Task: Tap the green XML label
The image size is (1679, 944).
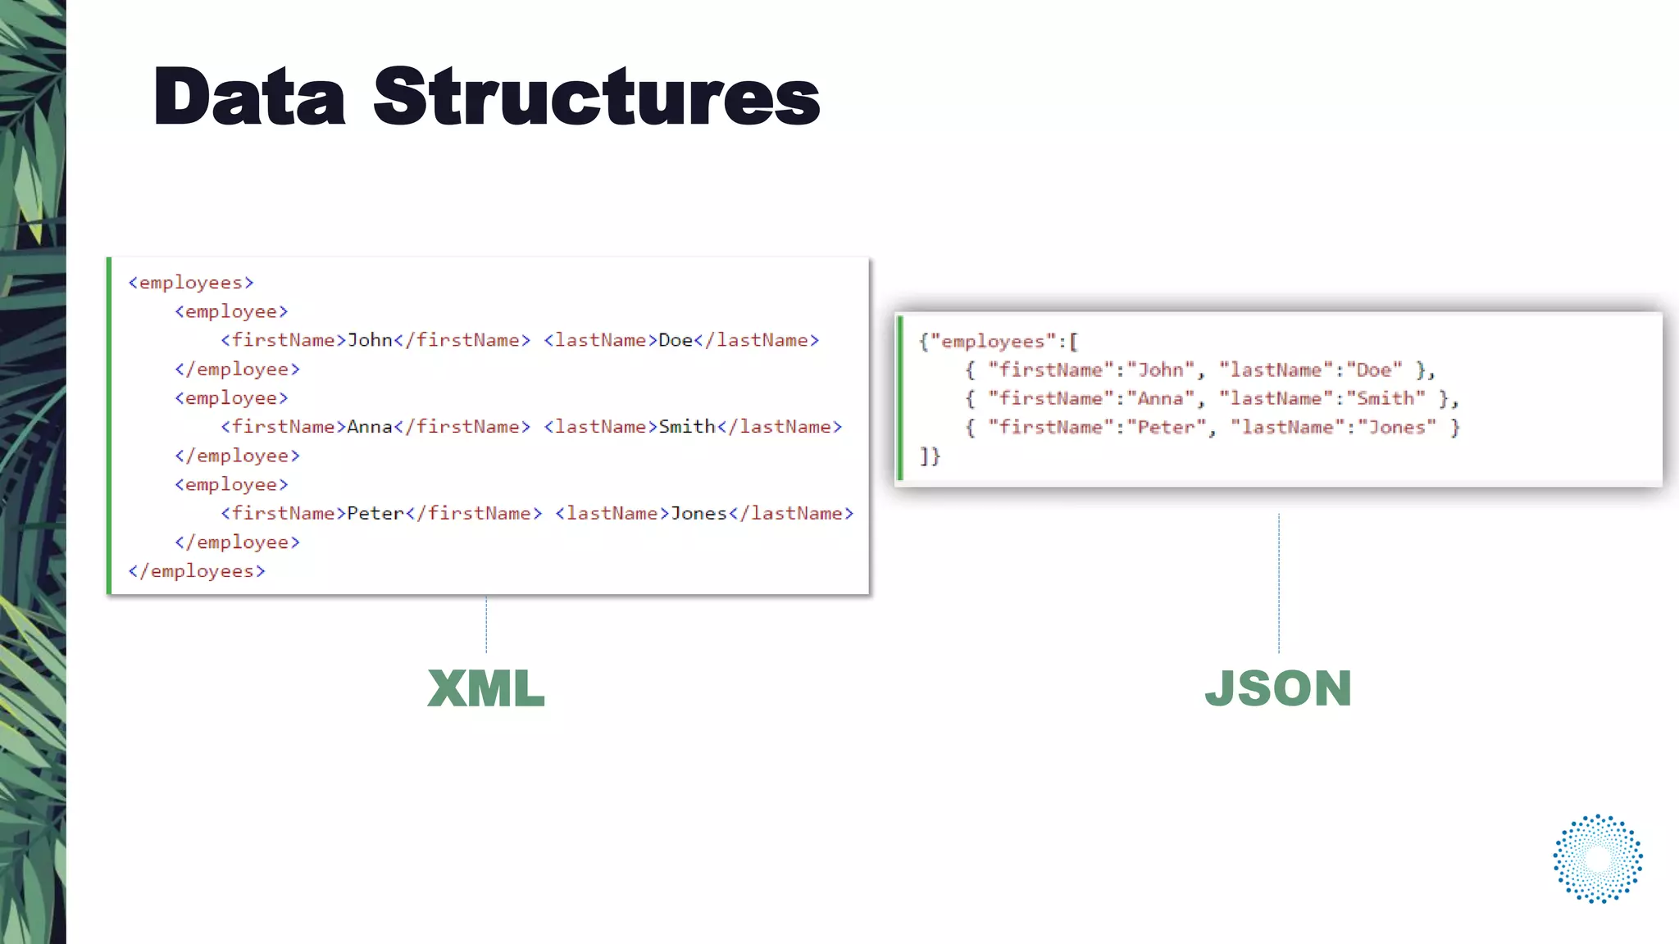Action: coord(486,688)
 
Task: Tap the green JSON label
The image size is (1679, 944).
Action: coord(1278,688)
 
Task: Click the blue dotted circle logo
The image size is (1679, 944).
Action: coord(1598,859)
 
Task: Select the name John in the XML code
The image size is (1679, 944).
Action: coord(370,340)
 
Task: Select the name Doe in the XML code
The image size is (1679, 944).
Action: coord(676,340)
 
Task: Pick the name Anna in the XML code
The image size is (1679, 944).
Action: coord(370,427)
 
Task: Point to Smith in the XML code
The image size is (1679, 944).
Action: coord(687,427)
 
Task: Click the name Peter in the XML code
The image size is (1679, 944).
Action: coord(375,514)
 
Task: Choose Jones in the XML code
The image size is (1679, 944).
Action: coord(698,514)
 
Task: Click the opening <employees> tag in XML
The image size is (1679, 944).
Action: coord(191,283)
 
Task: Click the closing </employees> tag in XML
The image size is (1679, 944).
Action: coord(197,571)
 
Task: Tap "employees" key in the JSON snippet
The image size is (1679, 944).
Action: coord(993,342)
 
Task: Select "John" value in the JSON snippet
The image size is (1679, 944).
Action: coord(1160,370)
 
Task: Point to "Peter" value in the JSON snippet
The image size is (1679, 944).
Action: coord(1166,428)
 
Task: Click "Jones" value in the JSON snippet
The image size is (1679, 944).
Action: coord(1397,428)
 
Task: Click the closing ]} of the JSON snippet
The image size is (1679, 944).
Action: coord(930,456)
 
